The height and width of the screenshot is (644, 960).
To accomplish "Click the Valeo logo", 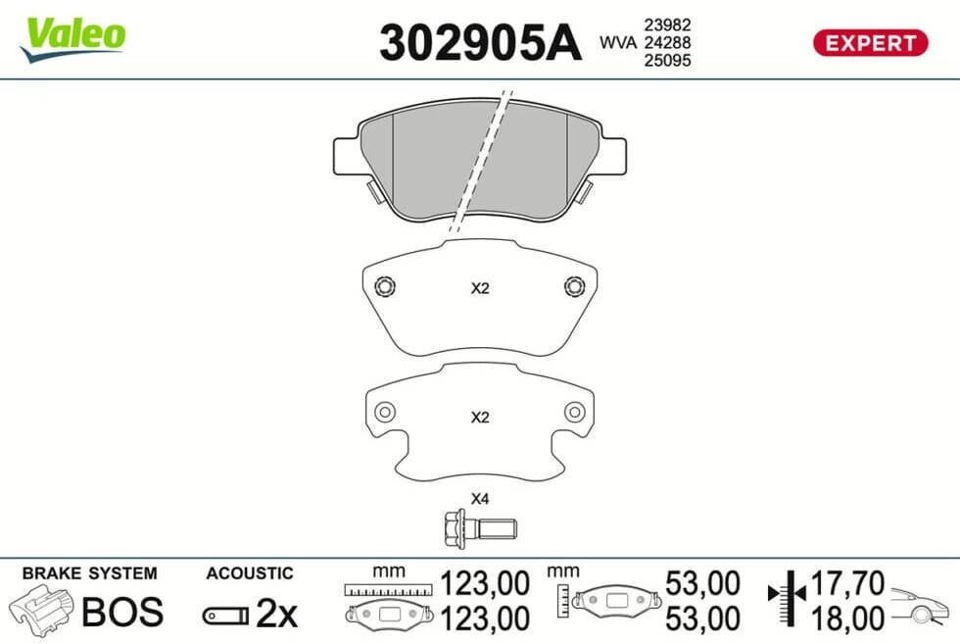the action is tap(72, 38).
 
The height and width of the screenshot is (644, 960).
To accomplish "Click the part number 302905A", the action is tap(480, 42).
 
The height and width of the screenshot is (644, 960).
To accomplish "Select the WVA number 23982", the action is tap(667, 25).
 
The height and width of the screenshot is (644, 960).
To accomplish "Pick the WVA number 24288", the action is tap(667, 42).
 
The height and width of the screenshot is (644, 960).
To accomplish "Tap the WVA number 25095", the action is tap(667, 60).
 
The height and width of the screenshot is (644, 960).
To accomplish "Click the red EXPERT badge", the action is tap(870, 43).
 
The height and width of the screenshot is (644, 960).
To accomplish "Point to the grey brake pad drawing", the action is tap(480, 160).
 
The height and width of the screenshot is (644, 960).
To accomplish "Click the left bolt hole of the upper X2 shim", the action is tap(384, 286).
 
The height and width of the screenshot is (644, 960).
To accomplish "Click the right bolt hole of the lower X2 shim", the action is tap(574, 412).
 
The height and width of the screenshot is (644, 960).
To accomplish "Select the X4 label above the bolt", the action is tap(480, 499).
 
